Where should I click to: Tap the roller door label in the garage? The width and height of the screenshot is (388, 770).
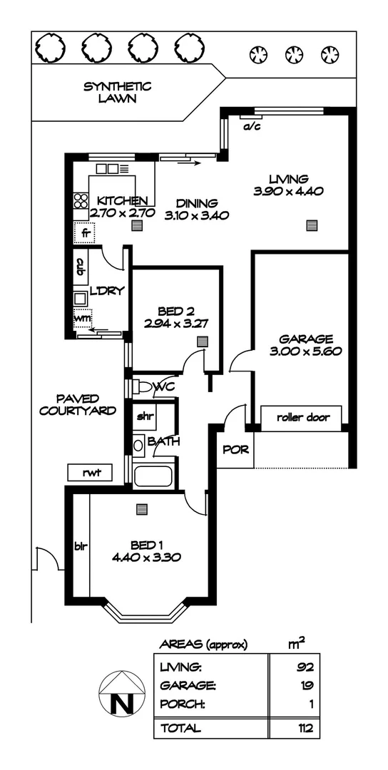pyautogui.click(x=303, y=417)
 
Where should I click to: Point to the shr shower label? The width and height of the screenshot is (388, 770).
pyautogui.click(x=145, y=416)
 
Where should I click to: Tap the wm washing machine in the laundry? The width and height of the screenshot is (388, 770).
pyautogui.click(x=83, y=319)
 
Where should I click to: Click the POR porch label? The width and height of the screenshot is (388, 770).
pyautogui.click(x=235, y=450)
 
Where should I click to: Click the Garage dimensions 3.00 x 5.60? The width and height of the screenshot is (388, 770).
pyautogui.click(x=305, y=351)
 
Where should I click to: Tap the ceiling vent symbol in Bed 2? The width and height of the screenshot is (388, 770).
pyautogui.click(x=203, y=342)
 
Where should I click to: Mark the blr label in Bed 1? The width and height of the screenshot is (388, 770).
pyautogui.click(x=80, y=548)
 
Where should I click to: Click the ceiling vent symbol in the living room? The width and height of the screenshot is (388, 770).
pyautogui.click(x=311, y=226)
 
